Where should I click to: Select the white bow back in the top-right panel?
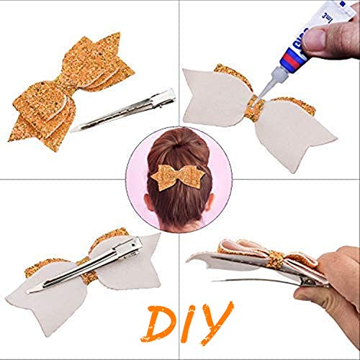pos(302,133)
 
